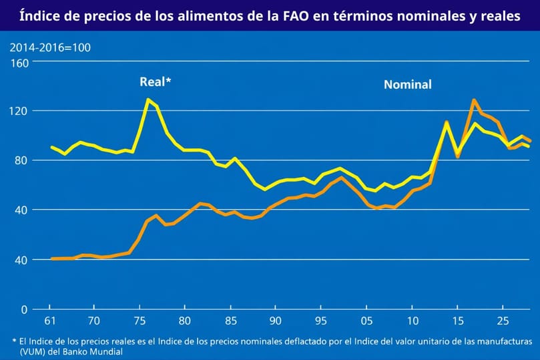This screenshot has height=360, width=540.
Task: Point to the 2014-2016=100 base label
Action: click(50, 47)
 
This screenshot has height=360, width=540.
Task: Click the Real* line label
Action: click(156, 81)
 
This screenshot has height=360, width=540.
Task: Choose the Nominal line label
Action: click(407, 85)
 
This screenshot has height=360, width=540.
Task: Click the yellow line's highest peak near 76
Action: click(148, 100)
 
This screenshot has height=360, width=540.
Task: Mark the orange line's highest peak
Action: click(473, 100)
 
